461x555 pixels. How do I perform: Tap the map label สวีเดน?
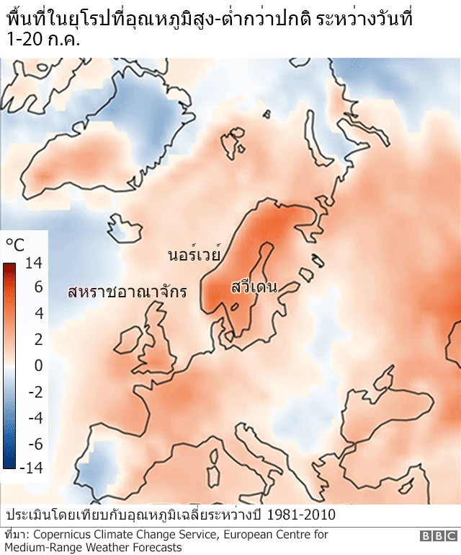[254, 287]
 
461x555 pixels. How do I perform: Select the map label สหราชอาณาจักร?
[127, 292]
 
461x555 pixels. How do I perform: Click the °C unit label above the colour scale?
[14, 245]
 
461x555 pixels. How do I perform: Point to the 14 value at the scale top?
[33, 264]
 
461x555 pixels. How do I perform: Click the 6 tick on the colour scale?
[38, 287]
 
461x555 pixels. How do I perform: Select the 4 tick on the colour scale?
[38, 313]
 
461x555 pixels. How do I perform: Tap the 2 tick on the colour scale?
[38, 339]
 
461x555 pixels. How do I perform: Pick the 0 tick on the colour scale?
[38, 365]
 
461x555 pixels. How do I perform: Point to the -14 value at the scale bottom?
[31, 468]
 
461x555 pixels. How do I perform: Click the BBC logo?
[439, 536]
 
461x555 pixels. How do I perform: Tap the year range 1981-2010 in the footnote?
[300, 515]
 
